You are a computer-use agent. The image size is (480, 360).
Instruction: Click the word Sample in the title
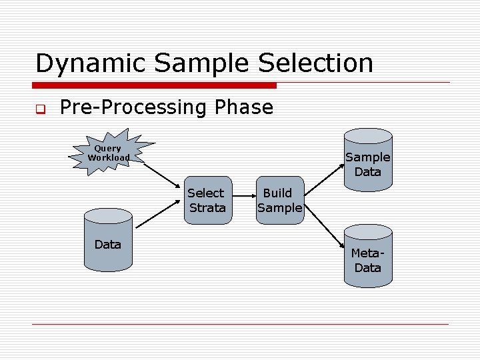click(199, 63)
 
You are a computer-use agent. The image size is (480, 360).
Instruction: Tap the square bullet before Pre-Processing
click(39, 109)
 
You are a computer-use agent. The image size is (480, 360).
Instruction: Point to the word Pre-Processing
click(135, 107)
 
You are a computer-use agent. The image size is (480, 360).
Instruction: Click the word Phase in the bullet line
click(244, 107)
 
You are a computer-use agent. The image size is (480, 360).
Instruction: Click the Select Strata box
click(207, 200)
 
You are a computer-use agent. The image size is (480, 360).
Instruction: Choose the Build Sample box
click(279, 200)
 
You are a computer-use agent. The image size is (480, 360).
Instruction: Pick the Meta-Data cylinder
click(368, 259)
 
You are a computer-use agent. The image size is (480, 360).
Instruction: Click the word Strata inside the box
click(207, 207)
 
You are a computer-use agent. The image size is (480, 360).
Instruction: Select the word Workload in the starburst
click(109, 158)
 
